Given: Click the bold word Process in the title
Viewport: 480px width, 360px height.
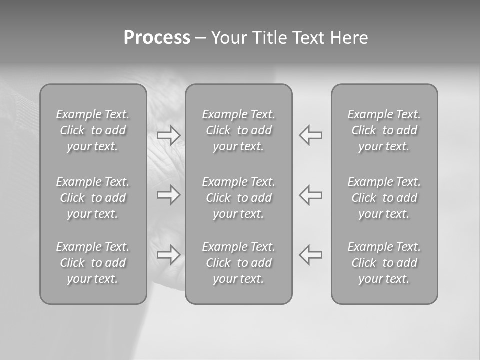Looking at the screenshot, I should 157,38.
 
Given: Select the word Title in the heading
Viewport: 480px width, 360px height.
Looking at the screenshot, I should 268,38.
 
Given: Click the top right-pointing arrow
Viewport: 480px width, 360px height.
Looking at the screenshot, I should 169,135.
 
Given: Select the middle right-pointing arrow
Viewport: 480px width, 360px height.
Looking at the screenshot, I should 169,195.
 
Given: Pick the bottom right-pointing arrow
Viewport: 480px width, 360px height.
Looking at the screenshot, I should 169,255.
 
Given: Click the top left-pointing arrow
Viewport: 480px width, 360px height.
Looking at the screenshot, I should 310,135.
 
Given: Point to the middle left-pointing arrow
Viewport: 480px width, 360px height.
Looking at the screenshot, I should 310,195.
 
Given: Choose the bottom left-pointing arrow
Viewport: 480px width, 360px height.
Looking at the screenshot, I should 310,255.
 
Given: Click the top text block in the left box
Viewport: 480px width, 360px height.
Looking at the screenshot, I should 93,130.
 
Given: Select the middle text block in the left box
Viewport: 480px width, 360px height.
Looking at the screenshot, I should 93,198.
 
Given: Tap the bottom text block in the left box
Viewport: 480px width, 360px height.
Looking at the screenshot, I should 93,263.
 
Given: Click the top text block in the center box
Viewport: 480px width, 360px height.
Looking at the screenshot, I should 238,130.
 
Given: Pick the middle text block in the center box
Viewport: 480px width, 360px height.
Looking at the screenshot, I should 238,198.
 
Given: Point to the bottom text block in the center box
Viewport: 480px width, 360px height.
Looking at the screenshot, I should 238,263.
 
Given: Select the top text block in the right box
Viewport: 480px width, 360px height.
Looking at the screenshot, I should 384,130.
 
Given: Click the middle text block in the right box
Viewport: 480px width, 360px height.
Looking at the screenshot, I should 384,198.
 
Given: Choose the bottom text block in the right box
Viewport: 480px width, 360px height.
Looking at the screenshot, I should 384,263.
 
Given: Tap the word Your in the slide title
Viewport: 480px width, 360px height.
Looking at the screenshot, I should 228,38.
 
